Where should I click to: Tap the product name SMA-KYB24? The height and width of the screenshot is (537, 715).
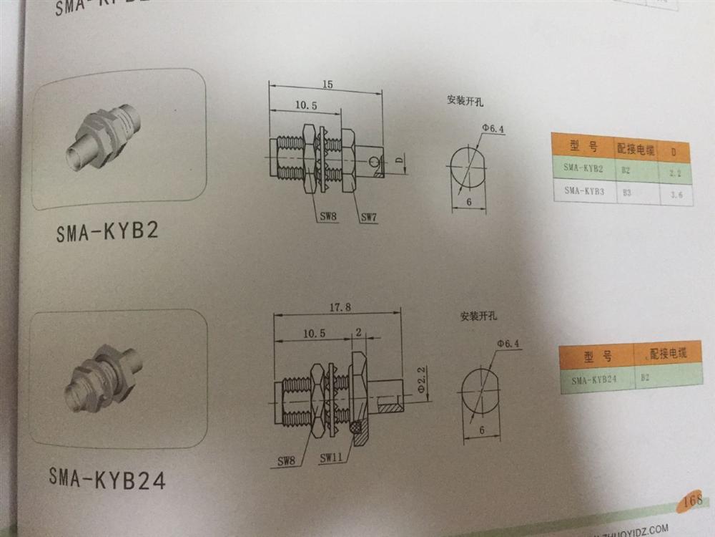[108, 478]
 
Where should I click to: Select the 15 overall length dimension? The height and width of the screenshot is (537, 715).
[327, 84]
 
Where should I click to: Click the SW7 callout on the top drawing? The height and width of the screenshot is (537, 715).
[369, 216]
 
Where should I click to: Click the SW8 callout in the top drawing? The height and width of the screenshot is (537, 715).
[328, 216]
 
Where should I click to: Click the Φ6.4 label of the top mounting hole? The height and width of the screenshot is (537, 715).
[493, 129]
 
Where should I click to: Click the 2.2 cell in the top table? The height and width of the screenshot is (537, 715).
[676, 172]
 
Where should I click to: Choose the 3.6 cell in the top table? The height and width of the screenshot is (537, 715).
[676, 193]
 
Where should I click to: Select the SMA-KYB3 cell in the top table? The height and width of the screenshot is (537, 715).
[583, 190]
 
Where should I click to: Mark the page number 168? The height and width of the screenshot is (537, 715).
[693, 500]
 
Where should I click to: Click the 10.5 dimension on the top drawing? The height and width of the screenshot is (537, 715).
[305, 105]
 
